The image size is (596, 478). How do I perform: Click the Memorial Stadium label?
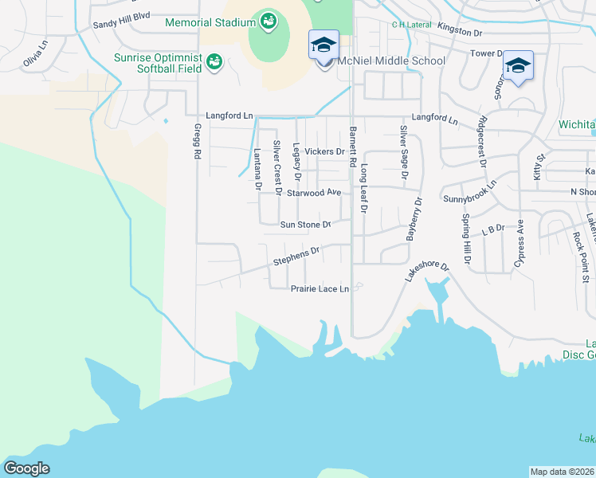[x=210, y=22]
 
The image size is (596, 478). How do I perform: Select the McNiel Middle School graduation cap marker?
[x=323, y=45]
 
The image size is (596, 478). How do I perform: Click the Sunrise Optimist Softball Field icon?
[x=214, y=62]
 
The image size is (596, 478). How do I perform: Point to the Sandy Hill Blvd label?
[x=122, y=25]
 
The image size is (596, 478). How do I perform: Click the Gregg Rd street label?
[x=195, y=141]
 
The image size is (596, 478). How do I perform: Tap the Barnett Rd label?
[x=351, y=145]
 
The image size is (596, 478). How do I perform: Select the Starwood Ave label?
[x=314, y=193]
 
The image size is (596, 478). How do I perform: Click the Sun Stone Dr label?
[x=305, y=225]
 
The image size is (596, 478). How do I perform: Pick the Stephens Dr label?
[x=296, y=255]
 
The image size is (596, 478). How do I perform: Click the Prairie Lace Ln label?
[x=320, y=288]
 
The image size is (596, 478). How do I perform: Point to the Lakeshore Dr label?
[x=427, y=270]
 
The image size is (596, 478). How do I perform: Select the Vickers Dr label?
[x=324, y=151]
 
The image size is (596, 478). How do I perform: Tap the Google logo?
[x=25, y=468]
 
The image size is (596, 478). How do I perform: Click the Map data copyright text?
[x=563, y=472]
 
